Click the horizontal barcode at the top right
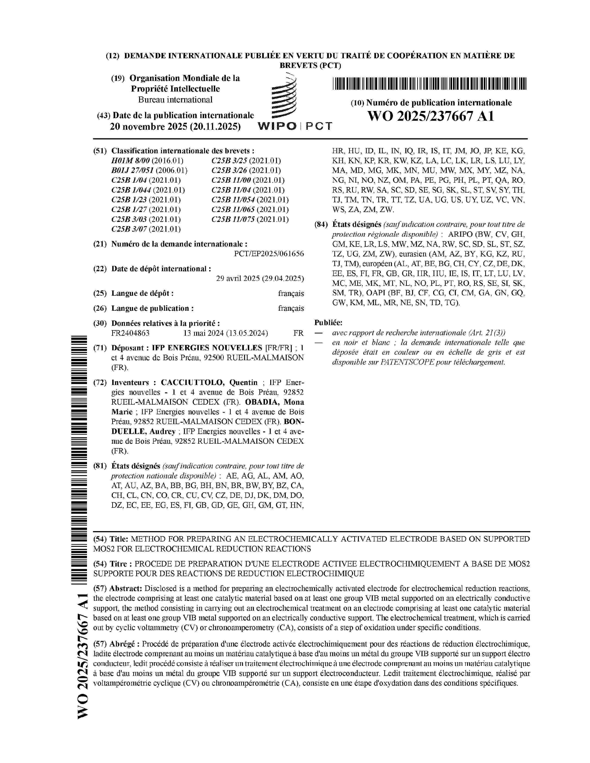(x=429, y=83)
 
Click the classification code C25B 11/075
(x=233, y=219)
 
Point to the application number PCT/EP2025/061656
(x=269, y=254)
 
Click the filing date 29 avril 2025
(x=260, y=278)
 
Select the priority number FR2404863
(x=130, y=333)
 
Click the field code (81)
(x=100, y=466)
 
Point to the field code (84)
(x=321, y=225)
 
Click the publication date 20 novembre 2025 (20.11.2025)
(x=175, y=126)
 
